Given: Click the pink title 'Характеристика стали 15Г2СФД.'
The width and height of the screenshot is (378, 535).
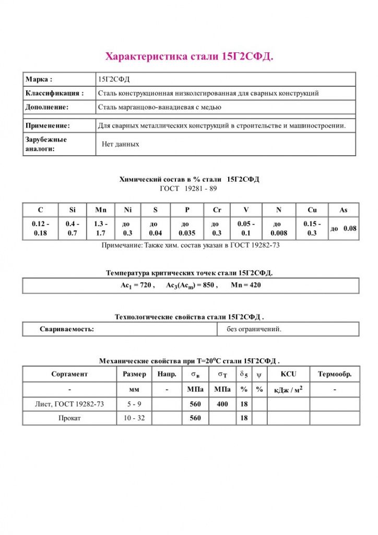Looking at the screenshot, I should [x=190, y=56].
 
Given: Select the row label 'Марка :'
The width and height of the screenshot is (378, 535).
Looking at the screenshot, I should [x=39, y=79].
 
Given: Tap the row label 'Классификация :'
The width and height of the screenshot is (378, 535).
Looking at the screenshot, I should [x=54, y=94].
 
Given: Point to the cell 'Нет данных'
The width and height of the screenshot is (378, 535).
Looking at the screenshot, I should [x=121, y=144].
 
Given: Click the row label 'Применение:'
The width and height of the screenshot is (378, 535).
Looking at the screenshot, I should [x=48, y=126].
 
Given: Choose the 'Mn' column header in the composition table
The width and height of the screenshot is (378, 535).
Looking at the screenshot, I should [x=101, y=210].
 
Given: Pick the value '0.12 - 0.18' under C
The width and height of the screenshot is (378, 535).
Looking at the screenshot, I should [x=40, y=228].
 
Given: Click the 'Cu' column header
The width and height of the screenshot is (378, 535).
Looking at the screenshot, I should [x=312, y=210].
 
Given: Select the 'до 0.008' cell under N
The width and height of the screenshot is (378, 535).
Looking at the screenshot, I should [x=279, y=228].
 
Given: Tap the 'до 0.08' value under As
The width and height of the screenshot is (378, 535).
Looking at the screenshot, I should [x=343, y=228].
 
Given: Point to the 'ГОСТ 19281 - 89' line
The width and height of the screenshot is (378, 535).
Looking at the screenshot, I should [x=188, y=188].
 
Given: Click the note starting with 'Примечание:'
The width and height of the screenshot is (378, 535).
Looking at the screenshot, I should [x=190, y=245].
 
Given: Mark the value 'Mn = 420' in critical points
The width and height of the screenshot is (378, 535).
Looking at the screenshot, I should [x=245, y=285].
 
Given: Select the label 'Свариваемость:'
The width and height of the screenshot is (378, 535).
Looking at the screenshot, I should [x=67, y=329].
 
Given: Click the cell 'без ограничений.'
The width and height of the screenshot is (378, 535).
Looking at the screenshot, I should [x=254, y=329].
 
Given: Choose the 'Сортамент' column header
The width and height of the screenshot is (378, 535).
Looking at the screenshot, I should [x=69, y=374].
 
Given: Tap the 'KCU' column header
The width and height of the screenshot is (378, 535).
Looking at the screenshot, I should [x=288, y=374].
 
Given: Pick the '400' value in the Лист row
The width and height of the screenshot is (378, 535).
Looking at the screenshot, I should [x=222, y=404].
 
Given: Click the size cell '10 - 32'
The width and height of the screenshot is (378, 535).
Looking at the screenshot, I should [x=134, y=418].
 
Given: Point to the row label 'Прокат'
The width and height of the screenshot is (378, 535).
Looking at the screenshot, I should [x=69, y=418].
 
